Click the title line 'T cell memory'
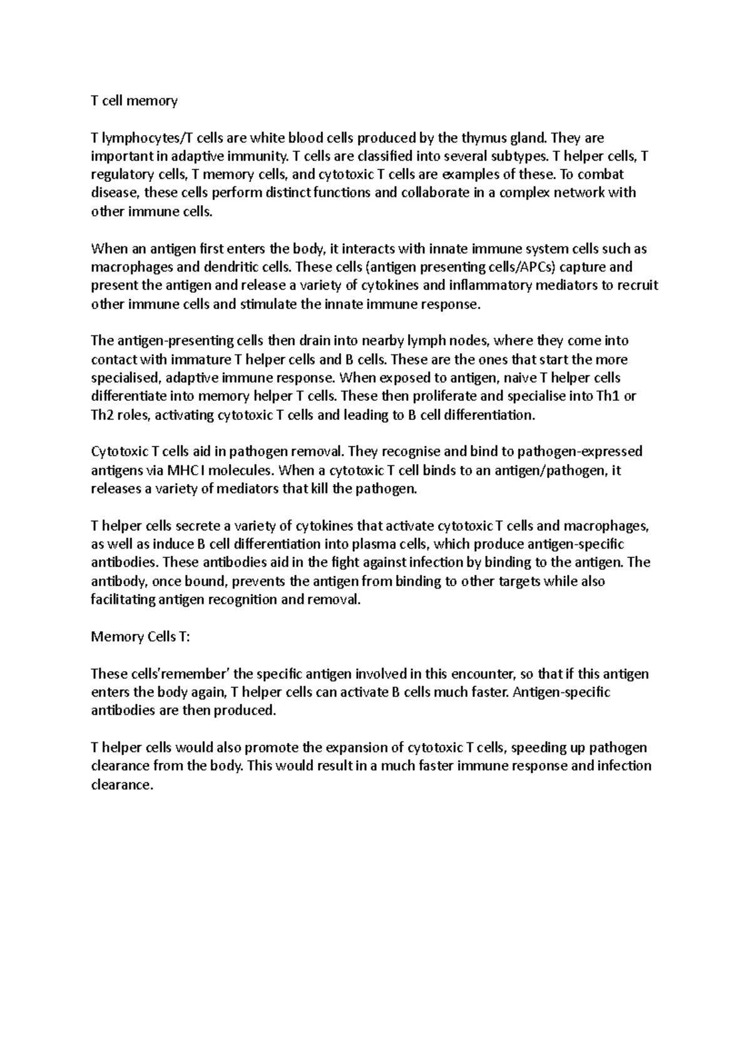[135, 101]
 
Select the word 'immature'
[197, 360]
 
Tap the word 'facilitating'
[122, 600]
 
